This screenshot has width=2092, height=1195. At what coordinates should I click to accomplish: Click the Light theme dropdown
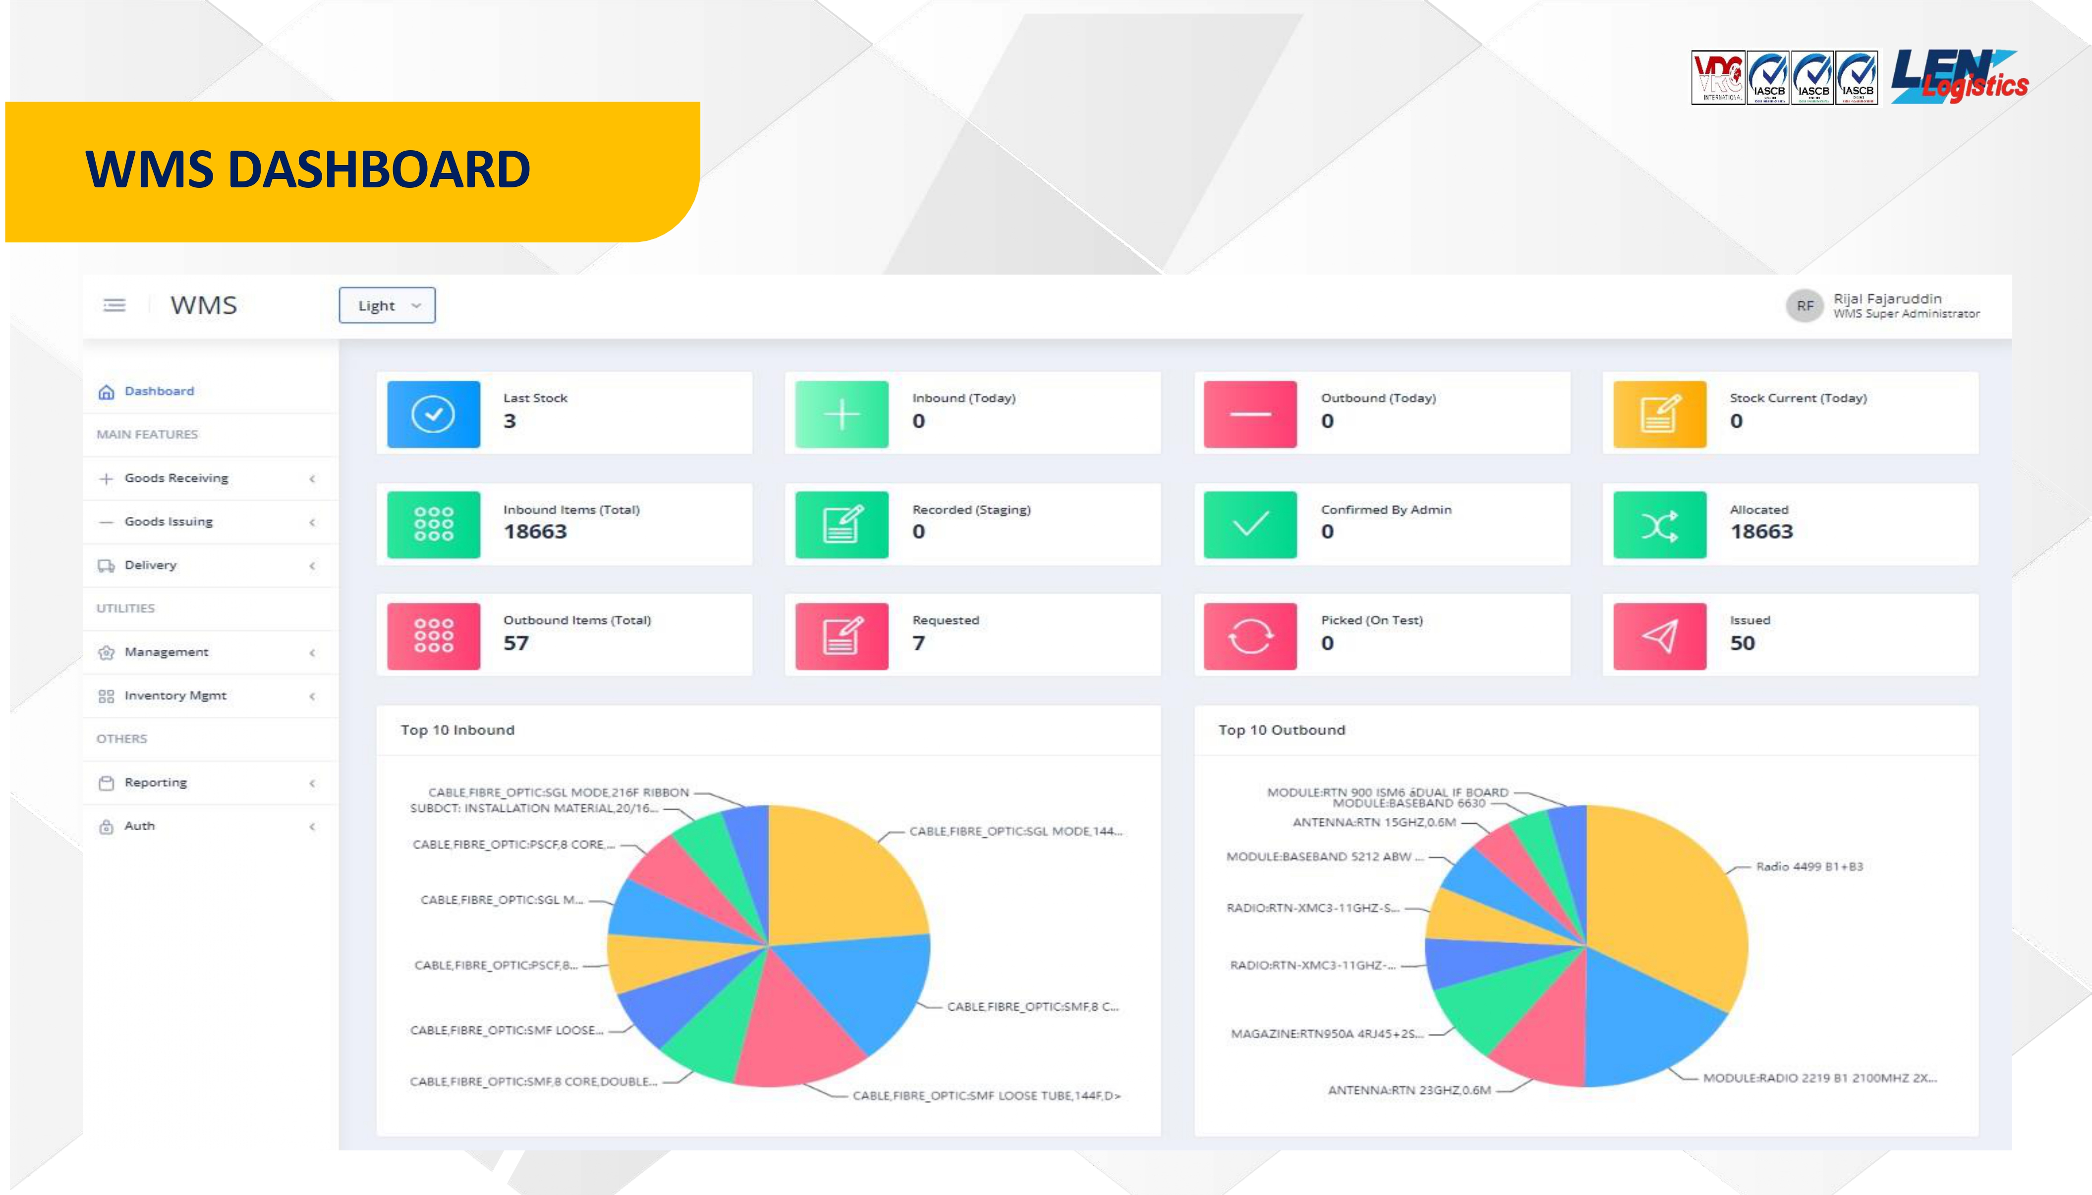point(387,305)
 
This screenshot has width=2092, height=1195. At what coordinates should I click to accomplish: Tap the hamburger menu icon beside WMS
point(114,305)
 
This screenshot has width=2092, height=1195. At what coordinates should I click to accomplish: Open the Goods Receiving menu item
point(176,478)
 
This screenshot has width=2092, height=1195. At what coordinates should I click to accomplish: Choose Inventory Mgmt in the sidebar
point(175,695)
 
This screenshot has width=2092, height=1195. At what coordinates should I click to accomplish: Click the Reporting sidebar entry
point(156,782)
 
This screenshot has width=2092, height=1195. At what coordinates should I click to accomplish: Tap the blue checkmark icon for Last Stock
point(433,414)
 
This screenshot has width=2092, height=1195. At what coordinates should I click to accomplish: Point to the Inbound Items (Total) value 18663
point(535,532)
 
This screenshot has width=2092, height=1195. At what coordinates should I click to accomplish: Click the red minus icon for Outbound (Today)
point(1250,414)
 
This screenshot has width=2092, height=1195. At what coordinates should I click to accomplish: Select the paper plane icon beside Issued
point(1659,636)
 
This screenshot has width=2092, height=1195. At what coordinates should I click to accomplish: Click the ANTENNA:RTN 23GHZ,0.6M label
point(1409,1090)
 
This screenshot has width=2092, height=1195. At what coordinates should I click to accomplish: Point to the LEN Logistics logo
point(1959,76)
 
